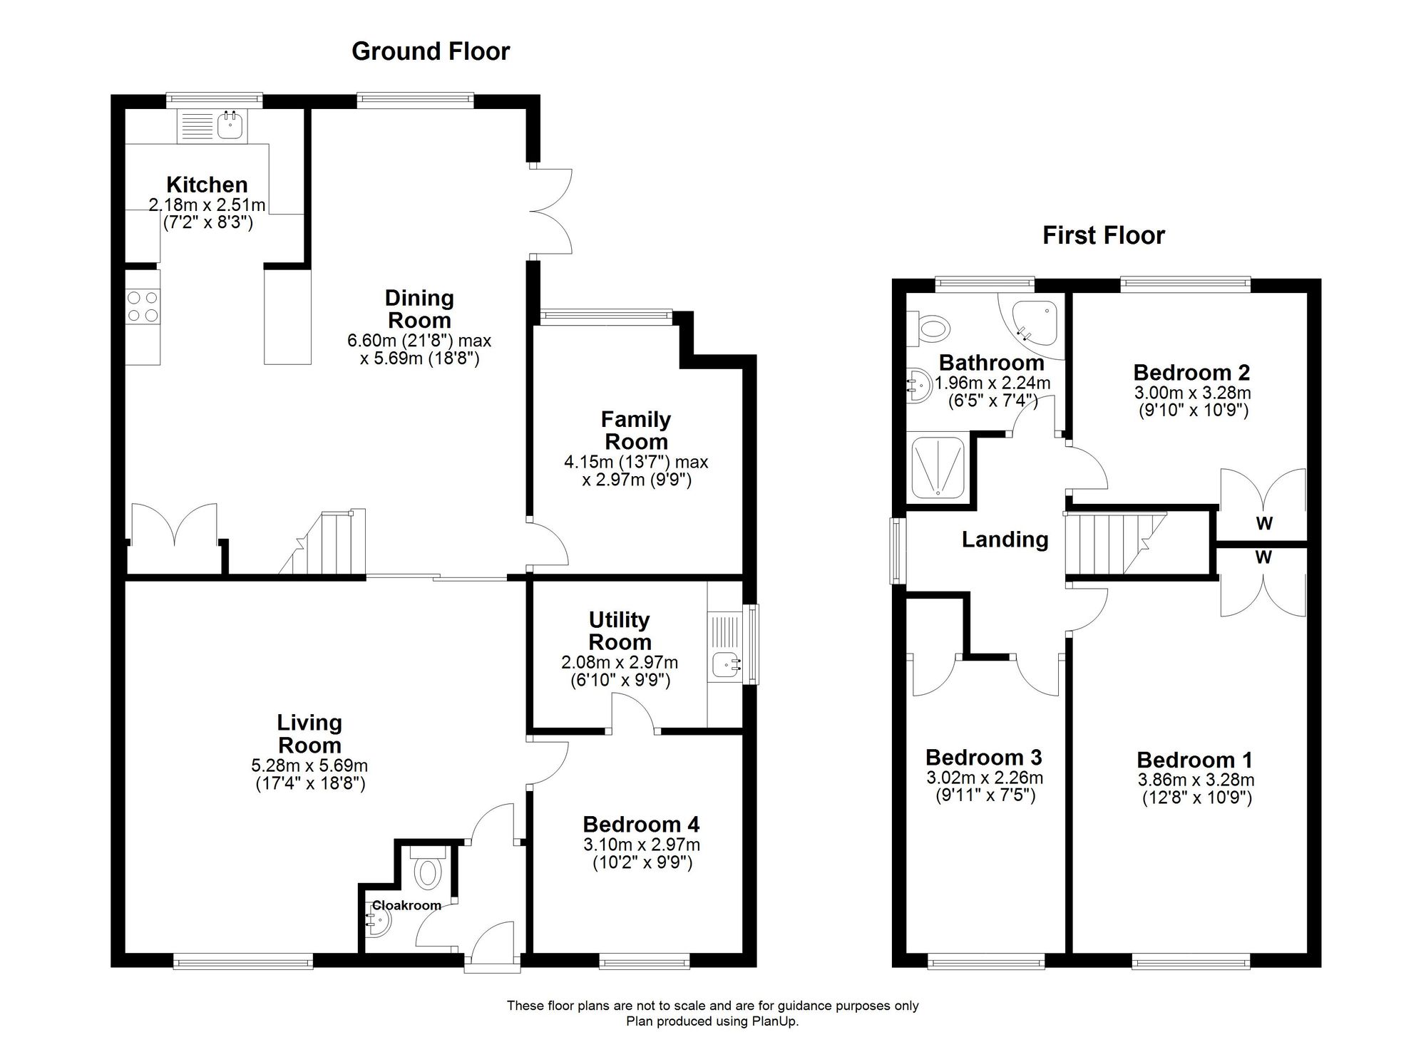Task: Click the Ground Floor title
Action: click(x=431, y=51)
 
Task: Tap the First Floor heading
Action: click(x=1103, y=235)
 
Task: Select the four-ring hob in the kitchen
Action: click(x=143, y=306)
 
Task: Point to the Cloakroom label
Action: click(x=406, y=905)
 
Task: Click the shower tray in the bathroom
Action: click(x=938, y=467)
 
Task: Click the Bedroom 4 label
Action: click(x=641, y=825)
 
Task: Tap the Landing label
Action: click(x=1005, y=540)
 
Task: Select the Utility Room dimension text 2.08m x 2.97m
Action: click(x=620, y=663)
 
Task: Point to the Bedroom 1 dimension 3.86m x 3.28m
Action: click(x=1196, y=780)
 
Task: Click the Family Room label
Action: click(x=636, y=430)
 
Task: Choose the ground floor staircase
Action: click(x=322, y=542)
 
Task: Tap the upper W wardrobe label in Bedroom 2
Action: click(x=1264, y=524)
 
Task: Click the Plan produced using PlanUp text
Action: click(x=712, y=1021)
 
